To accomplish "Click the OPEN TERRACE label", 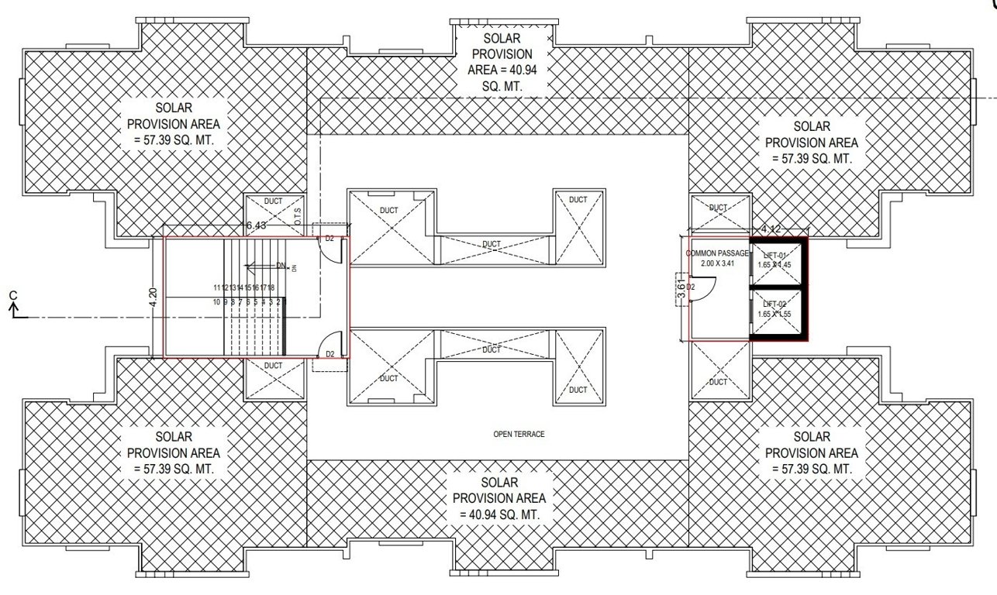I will click(x=519, y=435).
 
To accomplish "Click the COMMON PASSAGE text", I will click(x=717, y=253).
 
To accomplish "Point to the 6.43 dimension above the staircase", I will click(x=256, y=225).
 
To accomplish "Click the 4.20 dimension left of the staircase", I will click(x=153, y=297).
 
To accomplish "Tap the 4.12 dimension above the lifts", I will click(x=771, y=229).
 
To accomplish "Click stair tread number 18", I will click(x=271, y=287).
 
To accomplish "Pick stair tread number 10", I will click(x=217, y=302).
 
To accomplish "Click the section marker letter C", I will click(x=12, y=295).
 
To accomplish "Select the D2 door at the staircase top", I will click(x=329, y=239).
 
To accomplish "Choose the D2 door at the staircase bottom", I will click(x=329, y=355).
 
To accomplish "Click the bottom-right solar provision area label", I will click(x=812, y=453).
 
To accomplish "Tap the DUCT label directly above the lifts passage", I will click(x=719, y=208).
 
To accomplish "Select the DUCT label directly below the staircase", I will click(x=273, y=365).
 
